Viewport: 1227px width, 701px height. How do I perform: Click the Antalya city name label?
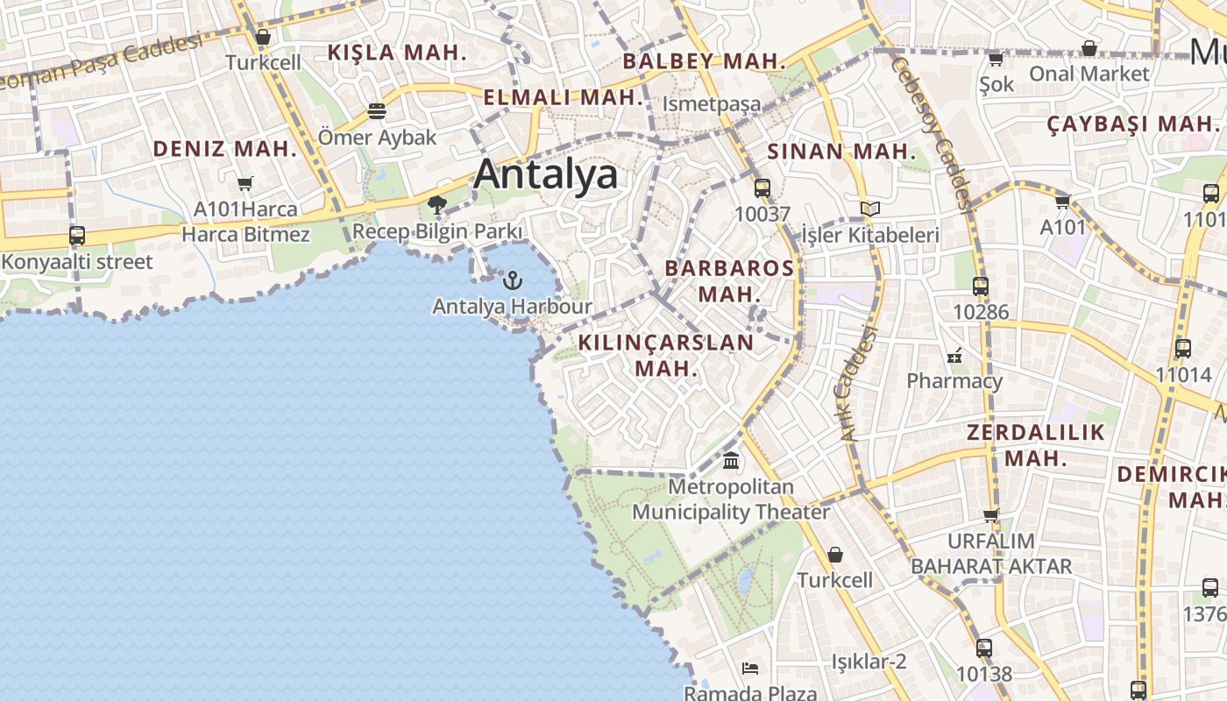545,174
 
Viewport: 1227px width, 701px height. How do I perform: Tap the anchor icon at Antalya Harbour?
513,280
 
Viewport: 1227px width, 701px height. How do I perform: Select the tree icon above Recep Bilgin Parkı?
436,206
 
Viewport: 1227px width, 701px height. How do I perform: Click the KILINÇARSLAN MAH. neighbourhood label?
666,355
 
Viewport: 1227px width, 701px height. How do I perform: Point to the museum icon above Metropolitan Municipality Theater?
731,460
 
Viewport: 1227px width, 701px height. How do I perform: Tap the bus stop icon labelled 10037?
762,188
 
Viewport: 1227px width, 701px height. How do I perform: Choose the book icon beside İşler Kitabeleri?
869,209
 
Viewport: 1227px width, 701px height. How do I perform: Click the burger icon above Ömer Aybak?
377,112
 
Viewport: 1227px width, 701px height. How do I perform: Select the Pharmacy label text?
954,381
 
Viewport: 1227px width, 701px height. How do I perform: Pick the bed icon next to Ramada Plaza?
750,669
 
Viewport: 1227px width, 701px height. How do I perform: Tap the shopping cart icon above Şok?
996,59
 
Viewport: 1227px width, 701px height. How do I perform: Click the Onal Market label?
1089,74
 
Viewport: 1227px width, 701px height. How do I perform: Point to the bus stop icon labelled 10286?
981,286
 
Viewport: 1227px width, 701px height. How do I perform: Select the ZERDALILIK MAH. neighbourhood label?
1035,445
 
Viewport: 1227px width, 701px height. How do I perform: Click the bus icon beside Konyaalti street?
77,236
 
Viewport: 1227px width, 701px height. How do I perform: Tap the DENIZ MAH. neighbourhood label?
225,149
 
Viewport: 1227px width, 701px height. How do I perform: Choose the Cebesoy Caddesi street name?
929,131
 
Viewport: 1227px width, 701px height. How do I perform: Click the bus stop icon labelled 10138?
984,648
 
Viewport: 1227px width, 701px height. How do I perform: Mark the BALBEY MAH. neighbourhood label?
704,61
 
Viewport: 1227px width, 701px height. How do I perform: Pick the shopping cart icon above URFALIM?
991,514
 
